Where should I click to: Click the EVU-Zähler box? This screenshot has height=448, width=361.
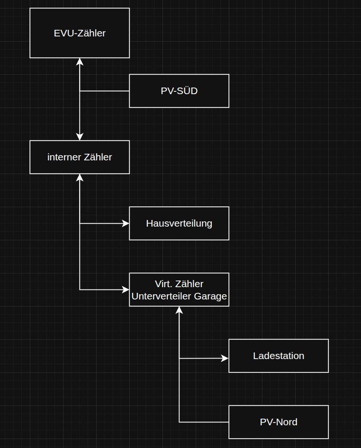[80, 33]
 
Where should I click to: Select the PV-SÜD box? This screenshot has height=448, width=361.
[179, 91]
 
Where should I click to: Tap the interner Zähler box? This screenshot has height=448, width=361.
[80, 157]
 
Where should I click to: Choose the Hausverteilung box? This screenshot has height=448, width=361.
[179, 223]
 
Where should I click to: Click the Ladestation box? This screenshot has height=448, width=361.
[279, 356]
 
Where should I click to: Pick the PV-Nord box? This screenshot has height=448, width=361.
[279, 422]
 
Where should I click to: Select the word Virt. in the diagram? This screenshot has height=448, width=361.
[164, 284]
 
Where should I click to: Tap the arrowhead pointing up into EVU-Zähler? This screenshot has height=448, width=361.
[80, 61]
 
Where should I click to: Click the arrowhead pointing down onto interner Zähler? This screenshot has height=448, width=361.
[80, 137]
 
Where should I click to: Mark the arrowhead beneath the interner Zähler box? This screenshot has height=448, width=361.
[80, 177]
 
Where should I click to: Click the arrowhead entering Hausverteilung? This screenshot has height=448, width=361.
[126, 223]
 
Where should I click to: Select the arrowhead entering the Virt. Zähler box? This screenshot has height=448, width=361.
[126, 290]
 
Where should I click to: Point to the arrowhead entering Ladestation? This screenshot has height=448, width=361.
[225, 358]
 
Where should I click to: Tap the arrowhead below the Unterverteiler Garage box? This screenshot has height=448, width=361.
[179, 310]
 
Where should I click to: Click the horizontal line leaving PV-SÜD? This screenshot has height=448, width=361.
[104, 91]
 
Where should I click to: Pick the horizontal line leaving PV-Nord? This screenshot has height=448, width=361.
[204, 422]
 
